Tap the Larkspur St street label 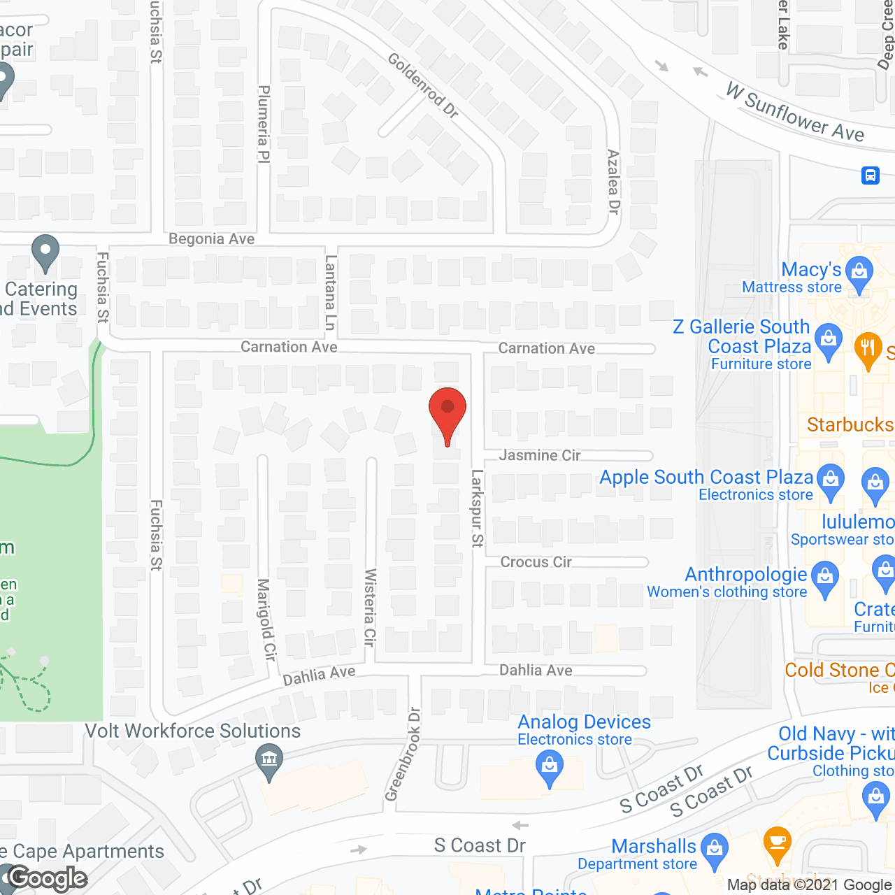tap(478, 508)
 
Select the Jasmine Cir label tap(540, 455)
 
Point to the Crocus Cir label tap(536, 562)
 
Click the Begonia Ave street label tap(211, 239)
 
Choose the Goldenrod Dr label tap(423, 85)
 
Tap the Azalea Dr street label tap(613, 182)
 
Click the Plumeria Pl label tap(264, 124)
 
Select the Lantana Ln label tap(331, 292)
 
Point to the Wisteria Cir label tap(370, 606)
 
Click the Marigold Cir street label tap(266, 619)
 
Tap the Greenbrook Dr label tap(403, 754)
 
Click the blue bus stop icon tap(871, 174)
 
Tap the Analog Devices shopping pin tap(550, 767)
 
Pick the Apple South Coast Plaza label tap(706, 478)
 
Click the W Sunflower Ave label tap(795, 112)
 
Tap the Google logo tap(48, 878)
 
